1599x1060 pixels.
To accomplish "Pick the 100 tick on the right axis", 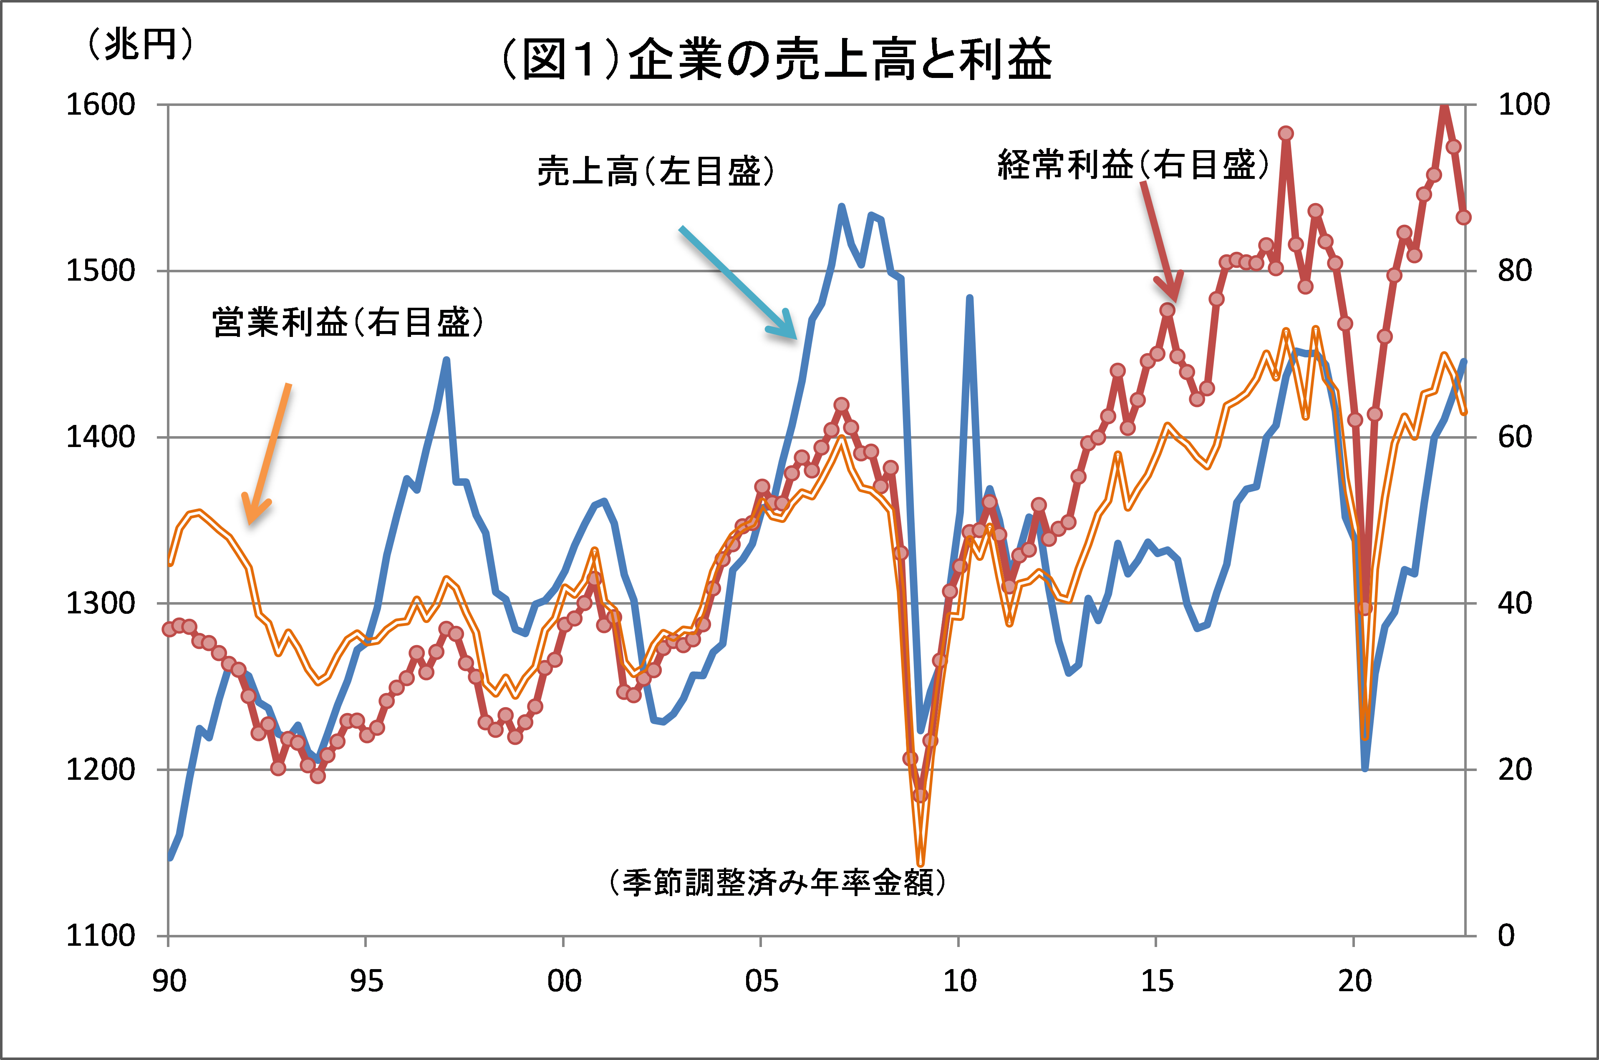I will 1523,105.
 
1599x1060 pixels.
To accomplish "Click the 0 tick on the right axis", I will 1506,936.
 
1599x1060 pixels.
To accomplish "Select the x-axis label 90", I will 169,981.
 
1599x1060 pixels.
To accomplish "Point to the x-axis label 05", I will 761,981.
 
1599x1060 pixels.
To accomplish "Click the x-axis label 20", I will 1354,981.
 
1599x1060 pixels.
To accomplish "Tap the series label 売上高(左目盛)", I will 655,171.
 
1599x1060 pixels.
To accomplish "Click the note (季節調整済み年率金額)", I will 777,882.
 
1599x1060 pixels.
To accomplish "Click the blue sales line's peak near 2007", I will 842,206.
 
